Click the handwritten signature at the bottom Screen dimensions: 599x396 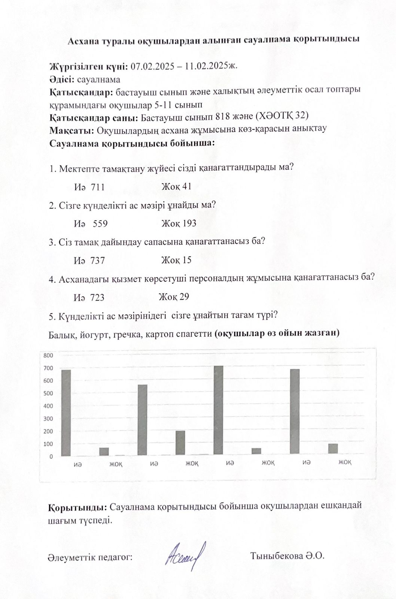coord(186,554)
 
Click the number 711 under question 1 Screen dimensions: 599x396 coord(98,187)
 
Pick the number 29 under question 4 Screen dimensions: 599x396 coord(184,297)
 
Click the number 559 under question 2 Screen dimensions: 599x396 coord(100,224)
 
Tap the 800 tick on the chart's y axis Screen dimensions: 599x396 coord(48,355)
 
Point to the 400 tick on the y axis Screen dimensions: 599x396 coord(48,406)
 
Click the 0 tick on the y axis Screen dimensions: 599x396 coord(51,457)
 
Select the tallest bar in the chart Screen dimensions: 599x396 coord(218,410)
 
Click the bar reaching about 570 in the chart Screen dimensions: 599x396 coord(142,420)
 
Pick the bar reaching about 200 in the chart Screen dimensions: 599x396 coord(180,443)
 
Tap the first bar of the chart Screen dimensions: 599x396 coord(66,413)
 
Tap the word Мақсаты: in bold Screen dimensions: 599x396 coord(71,130)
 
